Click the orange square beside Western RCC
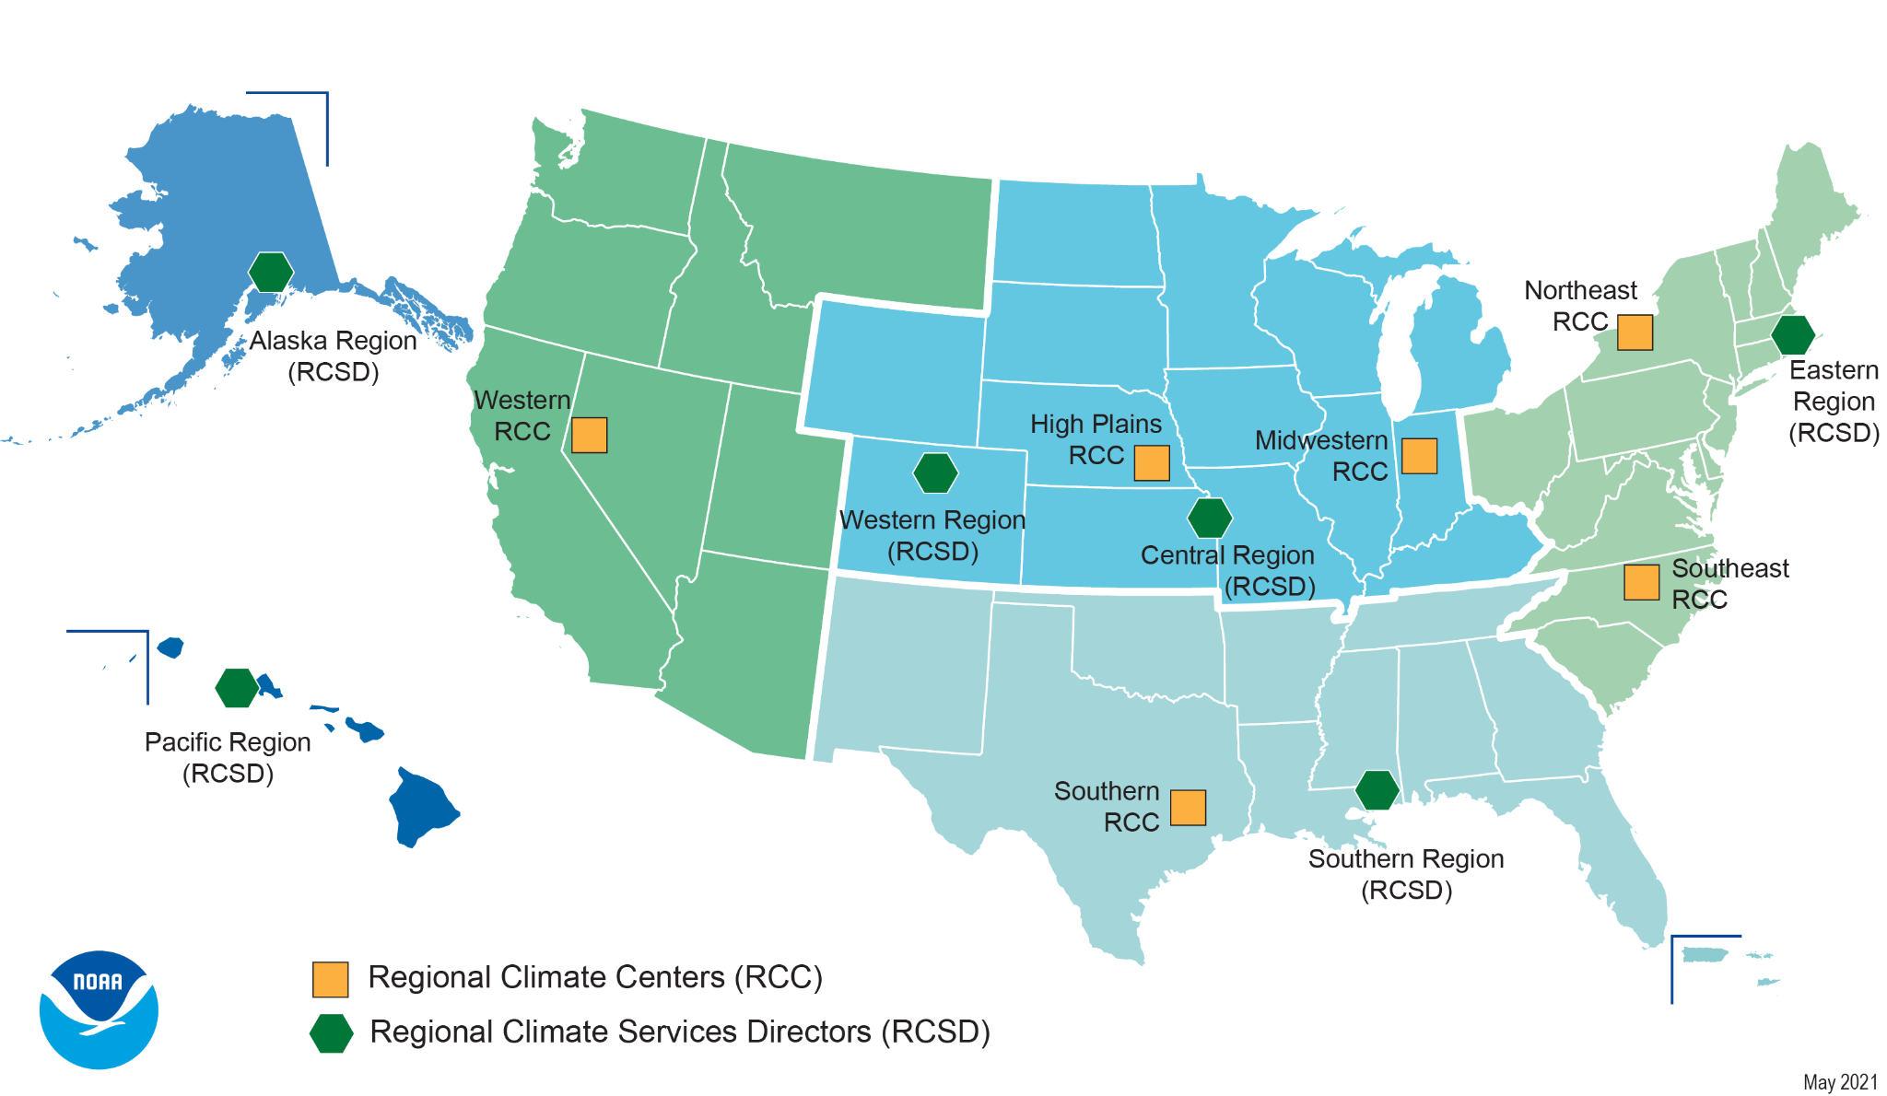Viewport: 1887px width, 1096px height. coord(589,435)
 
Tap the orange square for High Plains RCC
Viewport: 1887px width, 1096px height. coord(1151,463)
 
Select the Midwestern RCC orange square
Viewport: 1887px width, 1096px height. coord(1419,456)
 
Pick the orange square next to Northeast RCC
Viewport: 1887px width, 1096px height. coord(1635,332)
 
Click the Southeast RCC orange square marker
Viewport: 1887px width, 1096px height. coord(1641,582)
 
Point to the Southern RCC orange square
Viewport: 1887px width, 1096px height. coord(1188,808)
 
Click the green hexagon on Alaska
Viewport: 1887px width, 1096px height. coord(271,272)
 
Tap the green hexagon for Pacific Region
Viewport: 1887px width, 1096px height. coord(237,688)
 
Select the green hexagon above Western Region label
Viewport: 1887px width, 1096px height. coord(935,473)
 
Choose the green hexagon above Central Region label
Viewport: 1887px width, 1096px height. coord(1210,518)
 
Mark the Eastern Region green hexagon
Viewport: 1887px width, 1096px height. coord(1793,335)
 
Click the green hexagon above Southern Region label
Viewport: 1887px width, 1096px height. coord(1377,790)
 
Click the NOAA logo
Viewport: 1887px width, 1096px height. coord(99,1009)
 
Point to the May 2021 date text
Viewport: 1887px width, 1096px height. coord(1840,1082)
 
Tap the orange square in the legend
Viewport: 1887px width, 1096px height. coord(330,979)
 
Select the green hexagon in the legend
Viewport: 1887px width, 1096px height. coord(331,1033)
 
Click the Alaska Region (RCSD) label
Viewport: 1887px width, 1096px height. coord(334,356)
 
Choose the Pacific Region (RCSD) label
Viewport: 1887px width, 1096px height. coord(228,757)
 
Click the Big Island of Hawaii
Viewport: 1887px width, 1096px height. coord(423,808)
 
